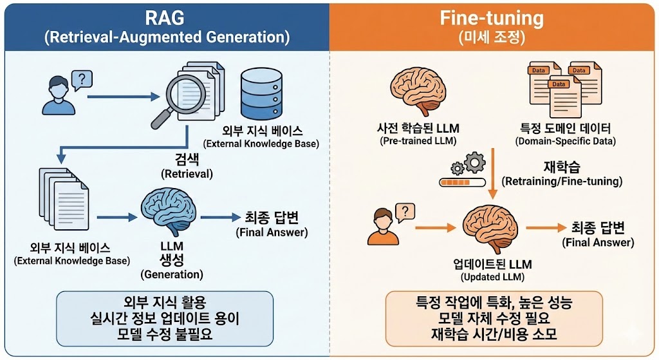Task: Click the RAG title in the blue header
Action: coord(166,17)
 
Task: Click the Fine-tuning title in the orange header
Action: coord(492,17)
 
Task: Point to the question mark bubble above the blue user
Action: coord(80,79)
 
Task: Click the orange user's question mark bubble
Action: coord(404,211)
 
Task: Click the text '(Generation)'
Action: coord(172,274)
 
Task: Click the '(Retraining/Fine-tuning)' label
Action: coord(562,182)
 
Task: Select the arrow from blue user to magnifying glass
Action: coord(122,98)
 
